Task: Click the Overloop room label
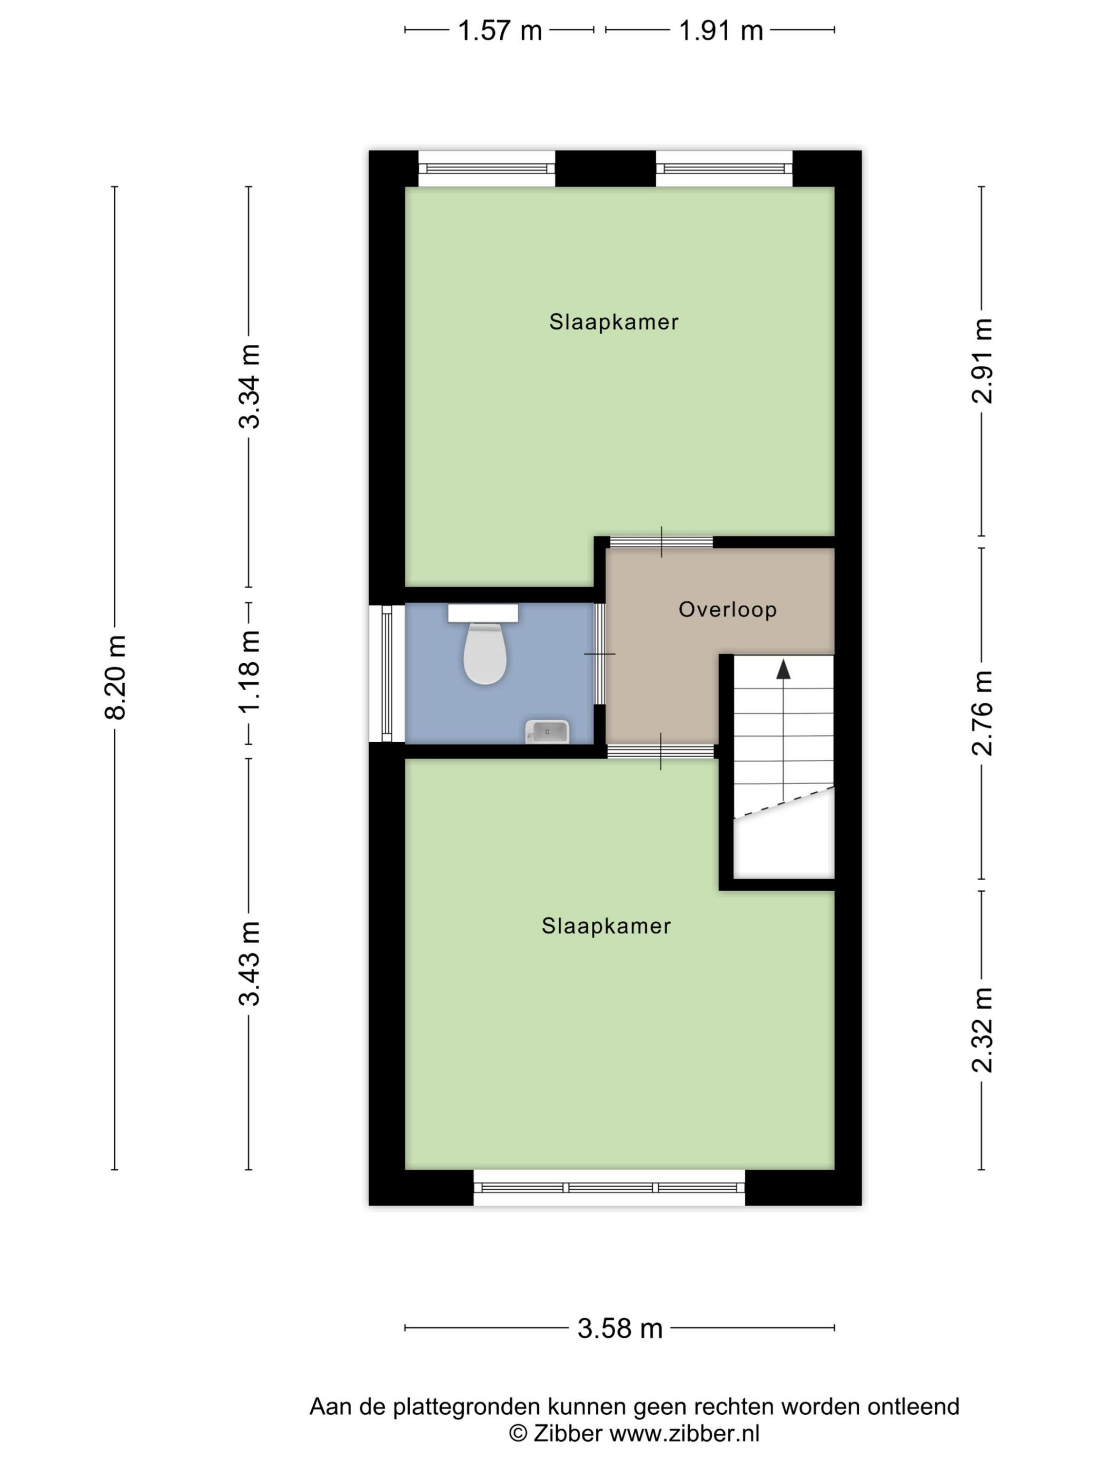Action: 727,609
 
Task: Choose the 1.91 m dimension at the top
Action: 721,30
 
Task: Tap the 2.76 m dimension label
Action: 983,713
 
